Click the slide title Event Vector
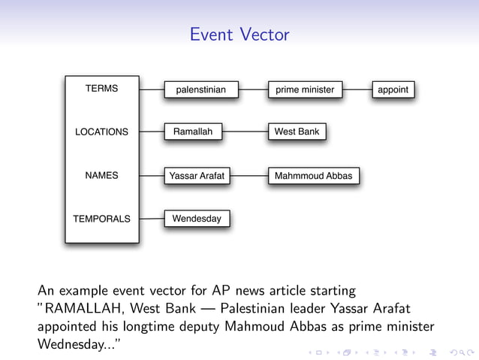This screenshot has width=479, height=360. (x=239, y=35)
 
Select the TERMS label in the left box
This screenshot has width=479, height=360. (x=101, y=89)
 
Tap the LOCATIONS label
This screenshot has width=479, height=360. (x=101, y=132)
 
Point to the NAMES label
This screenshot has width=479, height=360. (x=101, y=176)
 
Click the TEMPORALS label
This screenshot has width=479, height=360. (x=101, y=219)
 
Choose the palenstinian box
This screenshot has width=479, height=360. (x=200, y=90)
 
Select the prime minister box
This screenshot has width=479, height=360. (x=305, y=90)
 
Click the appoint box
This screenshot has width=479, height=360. (x=393, y=90)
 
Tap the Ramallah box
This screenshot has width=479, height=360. (x=193, y=132)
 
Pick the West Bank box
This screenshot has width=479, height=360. (x=297, y=132)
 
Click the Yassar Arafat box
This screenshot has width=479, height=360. (x=197, y=177)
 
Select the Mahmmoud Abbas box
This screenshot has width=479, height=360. (x=313, y=177)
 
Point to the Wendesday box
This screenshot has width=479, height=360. (x=197, y=219)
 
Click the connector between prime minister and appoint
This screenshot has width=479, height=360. (x=357, y=90)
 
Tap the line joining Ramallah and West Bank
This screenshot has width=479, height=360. (x=245, y=132)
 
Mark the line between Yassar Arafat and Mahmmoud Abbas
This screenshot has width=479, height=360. (x=249, y=177)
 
